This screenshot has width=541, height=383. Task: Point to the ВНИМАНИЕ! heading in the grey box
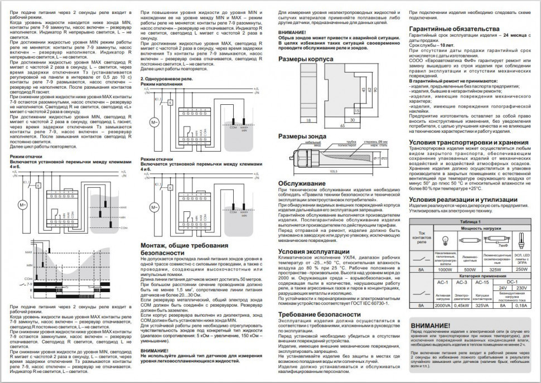(430, 326)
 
